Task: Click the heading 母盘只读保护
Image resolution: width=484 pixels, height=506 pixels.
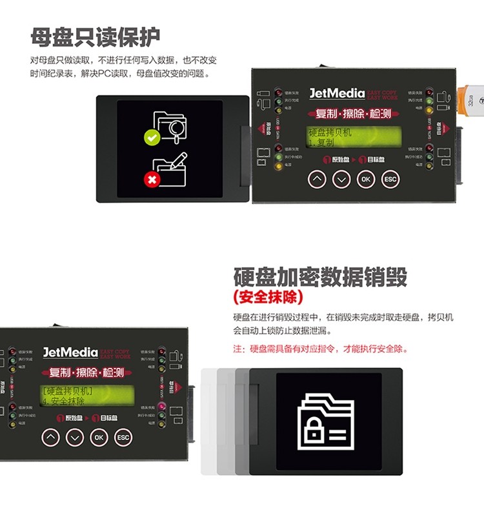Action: pyautogui.click(x=95, y=37)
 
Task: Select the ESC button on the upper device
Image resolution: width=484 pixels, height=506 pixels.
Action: pyautogui.click(x=390, y=179)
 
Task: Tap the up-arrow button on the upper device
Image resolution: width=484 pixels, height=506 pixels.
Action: pyautogui.click(x=316, y=179)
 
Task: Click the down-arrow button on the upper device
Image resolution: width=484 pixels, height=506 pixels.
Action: pyautogui.click(x=341, y=179)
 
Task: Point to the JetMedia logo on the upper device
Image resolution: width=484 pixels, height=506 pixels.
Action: pyautogui.click(x=338, y=94)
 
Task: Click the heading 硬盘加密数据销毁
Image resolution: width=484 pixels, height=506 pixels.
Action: pyautogui.click(x=320, y=276)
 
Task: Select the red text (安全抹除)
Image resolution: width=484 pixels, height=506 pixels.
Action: pyautogui.click(x=268, y=298)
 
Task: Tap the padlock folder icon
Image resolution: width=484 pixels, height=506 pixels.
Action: pyautogui.click(x=325, y=420)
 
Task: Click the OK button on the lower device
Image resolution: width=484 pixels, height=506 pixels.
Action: pyautogui.click(x=99, y=437)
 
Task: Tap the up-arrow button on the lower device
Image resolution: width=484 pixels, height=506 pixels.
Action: pyautogui.click(x=50, y=437)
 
